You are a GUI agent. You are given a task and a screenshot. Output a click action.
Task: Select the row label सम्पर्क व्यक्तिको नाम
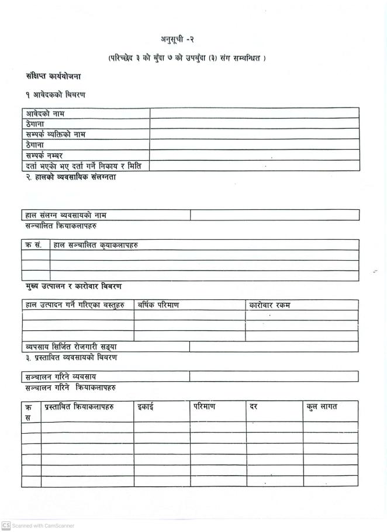pyautogui.click(x=56, y=134)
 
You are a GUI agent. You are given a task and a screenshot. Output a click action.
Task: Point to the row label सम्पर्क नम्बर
pyautogui.click(x=44, y=155)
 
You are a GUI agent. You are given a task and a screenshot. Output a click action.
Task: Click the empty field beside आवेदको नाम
pyautogui.click(x=253, y=113)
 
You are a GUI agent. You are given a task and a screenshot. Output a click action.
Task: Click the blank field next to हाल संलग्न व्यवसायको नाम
pyautogui.click(x=274, y=216)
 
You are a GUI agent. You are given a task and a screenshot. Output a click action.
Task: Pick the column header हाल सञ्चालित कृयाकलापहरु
pyautogui.click(x=96, y=245)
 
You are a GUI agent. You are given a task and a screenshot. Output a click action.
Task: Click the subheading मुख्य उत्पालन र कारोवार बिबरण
pyautogui.click(x=73, y=286)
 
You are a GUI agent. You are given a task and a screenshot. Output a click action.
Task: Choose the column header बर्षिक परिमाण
pyautogui.click(x=158, y=305)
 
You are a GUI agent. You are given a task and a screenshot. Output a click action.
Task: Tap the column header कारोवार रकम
pyautogui.click(x=269, y=305)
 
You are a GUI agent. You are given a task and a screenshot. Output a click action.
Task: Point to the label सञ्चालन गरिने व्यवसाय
pyautogui.click(x=61, y=376)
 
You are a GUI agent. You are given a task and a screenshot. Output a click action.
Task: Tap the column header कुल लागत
pyautogui.click(x=322, y=406)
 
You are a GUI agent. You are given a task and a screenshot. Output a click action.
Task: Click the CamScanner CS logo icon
pyautogui.click(x=5, y=526)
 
